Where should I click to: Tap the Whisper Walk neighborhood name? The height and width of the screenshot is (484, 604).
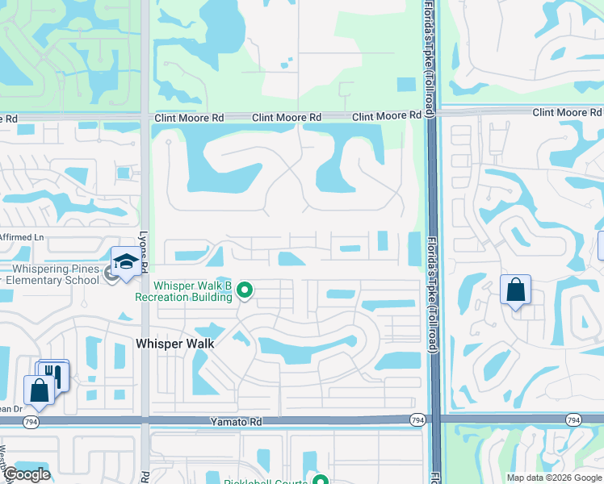pos(175,344)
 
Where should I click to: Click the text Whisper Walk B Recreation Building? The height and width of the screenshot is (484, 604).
pos(193,291)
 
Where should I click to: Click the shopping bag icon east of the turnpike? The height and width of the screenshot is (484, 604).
pos(515,290)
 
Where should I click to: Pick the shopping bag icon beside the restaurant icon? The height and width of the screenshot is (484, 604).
pos(39,390)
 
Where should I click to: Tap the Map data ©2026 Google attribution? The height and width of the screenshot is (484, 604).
pos(553,478)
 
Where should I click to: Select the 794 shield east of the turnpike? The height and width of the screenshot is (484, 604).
pos(573,419)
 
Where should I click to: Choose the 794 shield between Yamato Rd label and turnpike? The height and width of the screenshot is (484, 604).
pos(417,419)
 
